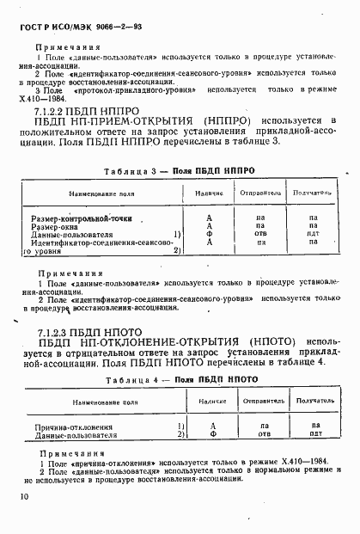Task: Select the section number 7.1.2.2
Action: [x=54, y=111]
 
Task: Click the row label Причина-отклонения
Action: [x=69, y=427]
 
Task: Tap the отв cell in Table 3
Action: [x=261, y=235]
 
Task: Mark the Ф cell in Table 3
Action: [x=210, y=235]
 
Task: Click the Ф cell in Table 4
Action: [x=212, y=435]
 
